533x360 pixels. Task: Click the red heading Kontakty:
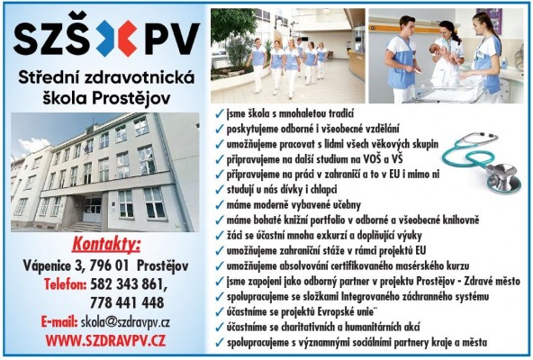pos(106,246)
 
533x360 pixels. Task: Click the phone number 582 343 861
pos(131,284)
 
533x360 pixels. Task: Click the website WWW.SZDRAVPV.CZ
pos(105,339)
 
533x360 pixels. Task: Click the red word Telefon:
pos(68,284)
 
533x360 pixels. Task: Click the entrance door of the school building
pos(93,209)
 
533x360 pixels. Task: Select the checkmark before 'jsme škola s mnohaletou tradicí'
pos(220,117)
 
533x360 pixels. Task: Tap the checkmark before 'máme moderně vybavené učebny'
pos(220,207)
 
